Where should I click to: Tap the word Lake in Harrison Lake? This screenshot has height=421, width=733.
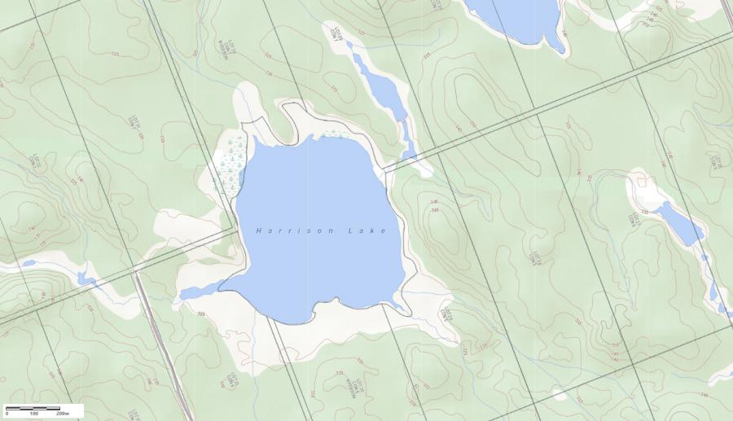pyautogui.click(x=367, y=230)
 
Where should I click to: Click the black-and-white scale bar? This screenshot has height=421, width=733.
pyautogui.click(x=33, y=406)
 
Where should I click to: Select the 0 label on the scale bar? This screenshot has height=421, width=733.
pyautogui.click(x=7, y=414)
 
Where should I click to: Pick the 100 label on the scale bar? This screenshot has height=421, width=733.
pyautogui.click(x=34, y=414)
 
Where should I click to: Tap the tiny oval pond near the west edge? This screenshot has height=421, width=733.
pyautogui.click(x=29, y=263)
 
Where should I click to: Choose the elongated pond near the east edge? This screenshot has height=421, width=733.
pyautogui.click(x=678, y=221)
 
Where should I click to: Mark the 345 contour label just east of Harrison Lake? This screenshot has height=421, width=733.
pyautogui.click(x=435, y=211)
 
